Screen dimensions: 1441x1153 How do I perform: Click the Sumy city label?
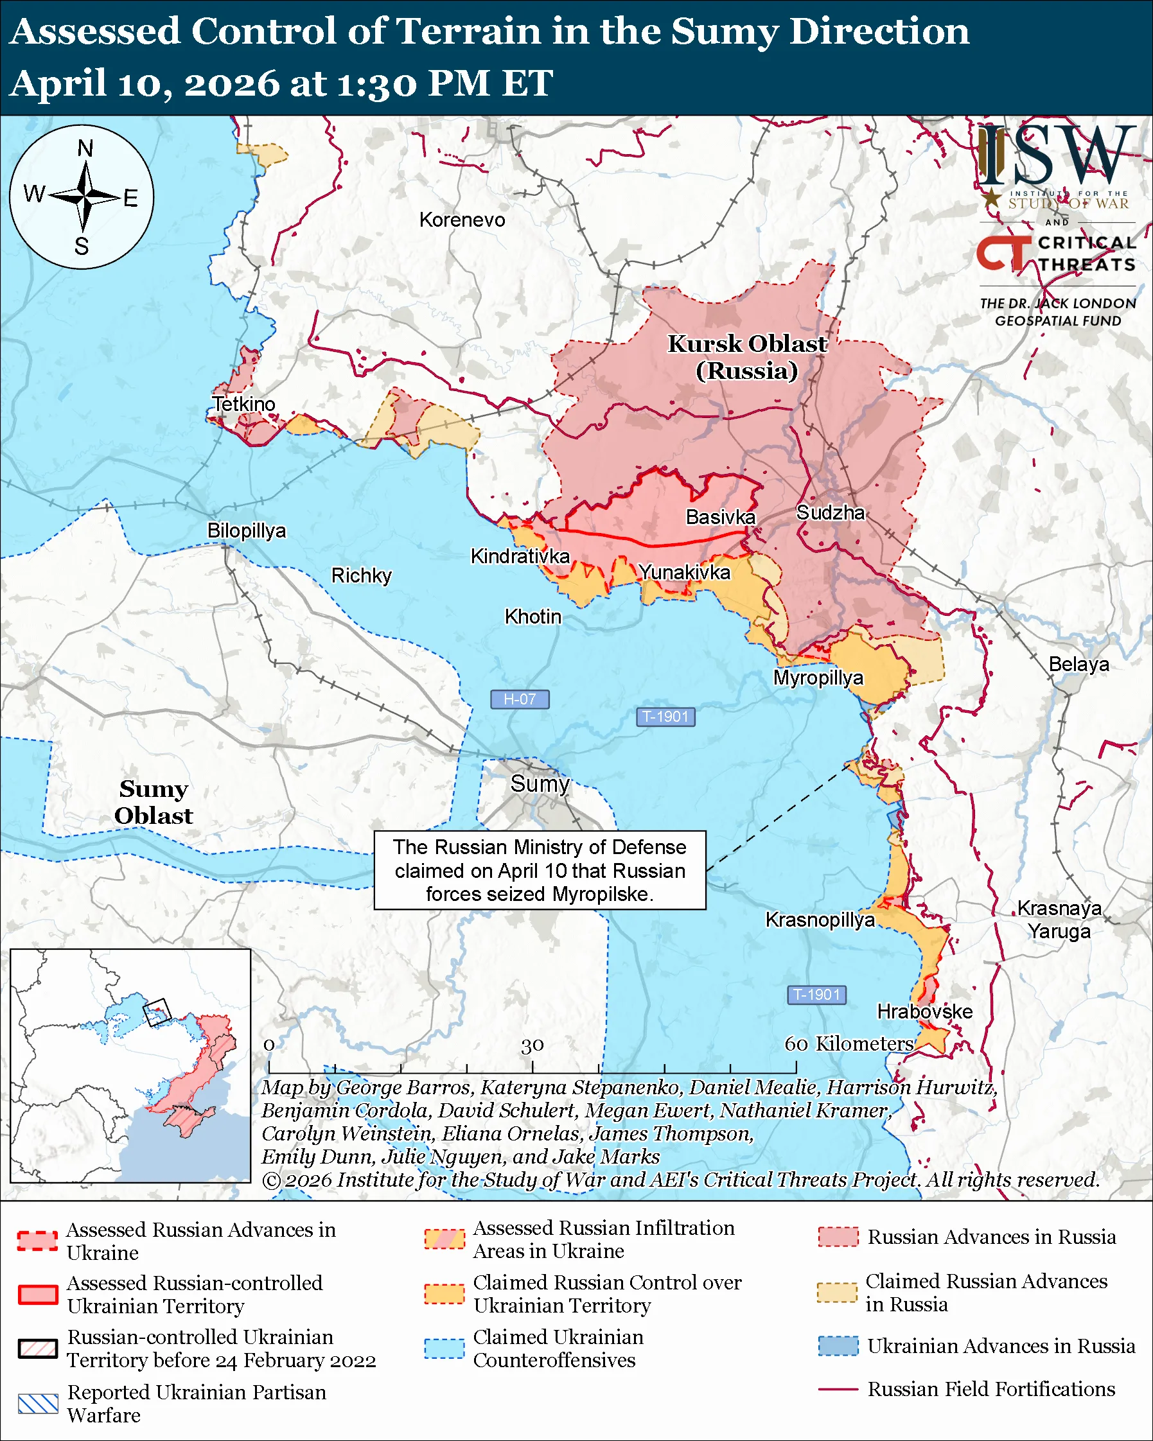coord(540,783)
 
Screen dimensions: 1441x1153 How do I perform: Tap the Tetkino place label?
coord(244,405)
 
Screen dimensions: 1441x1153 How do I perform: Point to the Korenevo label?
coord(462,220)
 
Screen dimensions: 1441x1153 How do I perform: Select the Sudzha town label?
coord(830,512)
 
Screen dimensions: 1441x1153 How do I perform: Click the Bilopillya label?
coord(247,530)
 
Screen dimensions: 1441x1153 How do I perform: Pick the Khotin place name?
coord(532,616)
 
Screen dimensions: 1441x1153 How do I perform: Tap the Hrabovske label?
coord(924,1011)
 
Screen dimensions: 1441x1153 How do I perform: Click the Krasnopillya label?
coord(820,920)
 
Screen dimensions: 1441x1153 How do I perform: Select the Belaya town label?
coord(1078,665)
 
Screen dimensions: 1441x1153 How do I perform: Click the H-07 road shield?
coord(520,699)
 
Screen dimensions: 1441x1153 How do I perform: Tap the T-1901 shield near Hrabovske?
coord(817,995)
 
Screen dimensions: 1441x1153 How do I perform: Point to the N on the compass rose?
coord(85,148)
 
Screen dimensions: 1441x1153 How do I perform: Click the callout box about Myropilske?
coord(540,870)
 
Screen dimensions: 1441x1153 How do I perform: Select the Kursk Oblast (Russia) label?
coord(747,357)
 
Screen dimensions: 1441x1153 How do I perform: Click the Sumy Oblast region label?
coord(153,802)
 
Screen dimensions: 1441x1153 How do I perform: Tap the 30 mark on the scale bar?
coord(532,1045)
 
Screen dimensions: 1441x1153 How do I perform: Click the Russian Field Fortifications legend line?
coord(838,1389)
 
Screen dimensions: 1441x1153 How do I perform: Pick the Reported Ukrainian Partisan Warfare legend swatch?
coord(38,1404)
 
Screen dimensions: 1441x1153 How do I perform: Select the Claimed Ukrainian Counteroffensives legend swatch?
coord(444,1348)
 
